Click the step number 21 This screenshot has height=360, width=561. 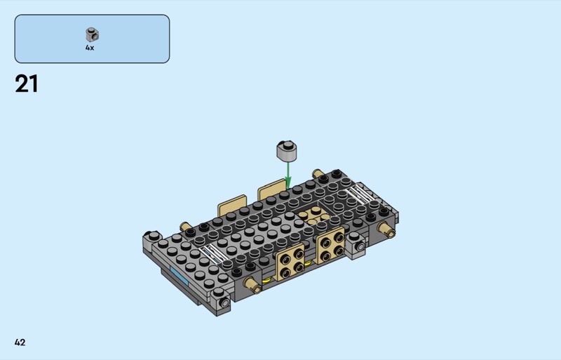click(x=26, y=84)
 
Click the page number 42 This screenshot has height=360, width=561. click(x=20, y=342)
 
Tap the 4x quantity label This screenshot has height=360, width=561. click(x=90, y=48)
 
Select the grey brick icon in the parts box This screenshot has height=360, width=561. click(x=93, y=34)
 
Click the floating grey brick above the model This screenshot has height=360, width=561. click(x=287, y=151)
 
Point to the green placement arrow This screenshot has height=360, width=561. click(x=288, y=175)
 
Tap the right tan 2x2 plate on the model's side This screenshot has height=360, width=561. click(x=330, y=245)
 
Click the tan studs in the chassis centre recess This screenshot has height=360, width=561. click(x=313, y=215)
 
